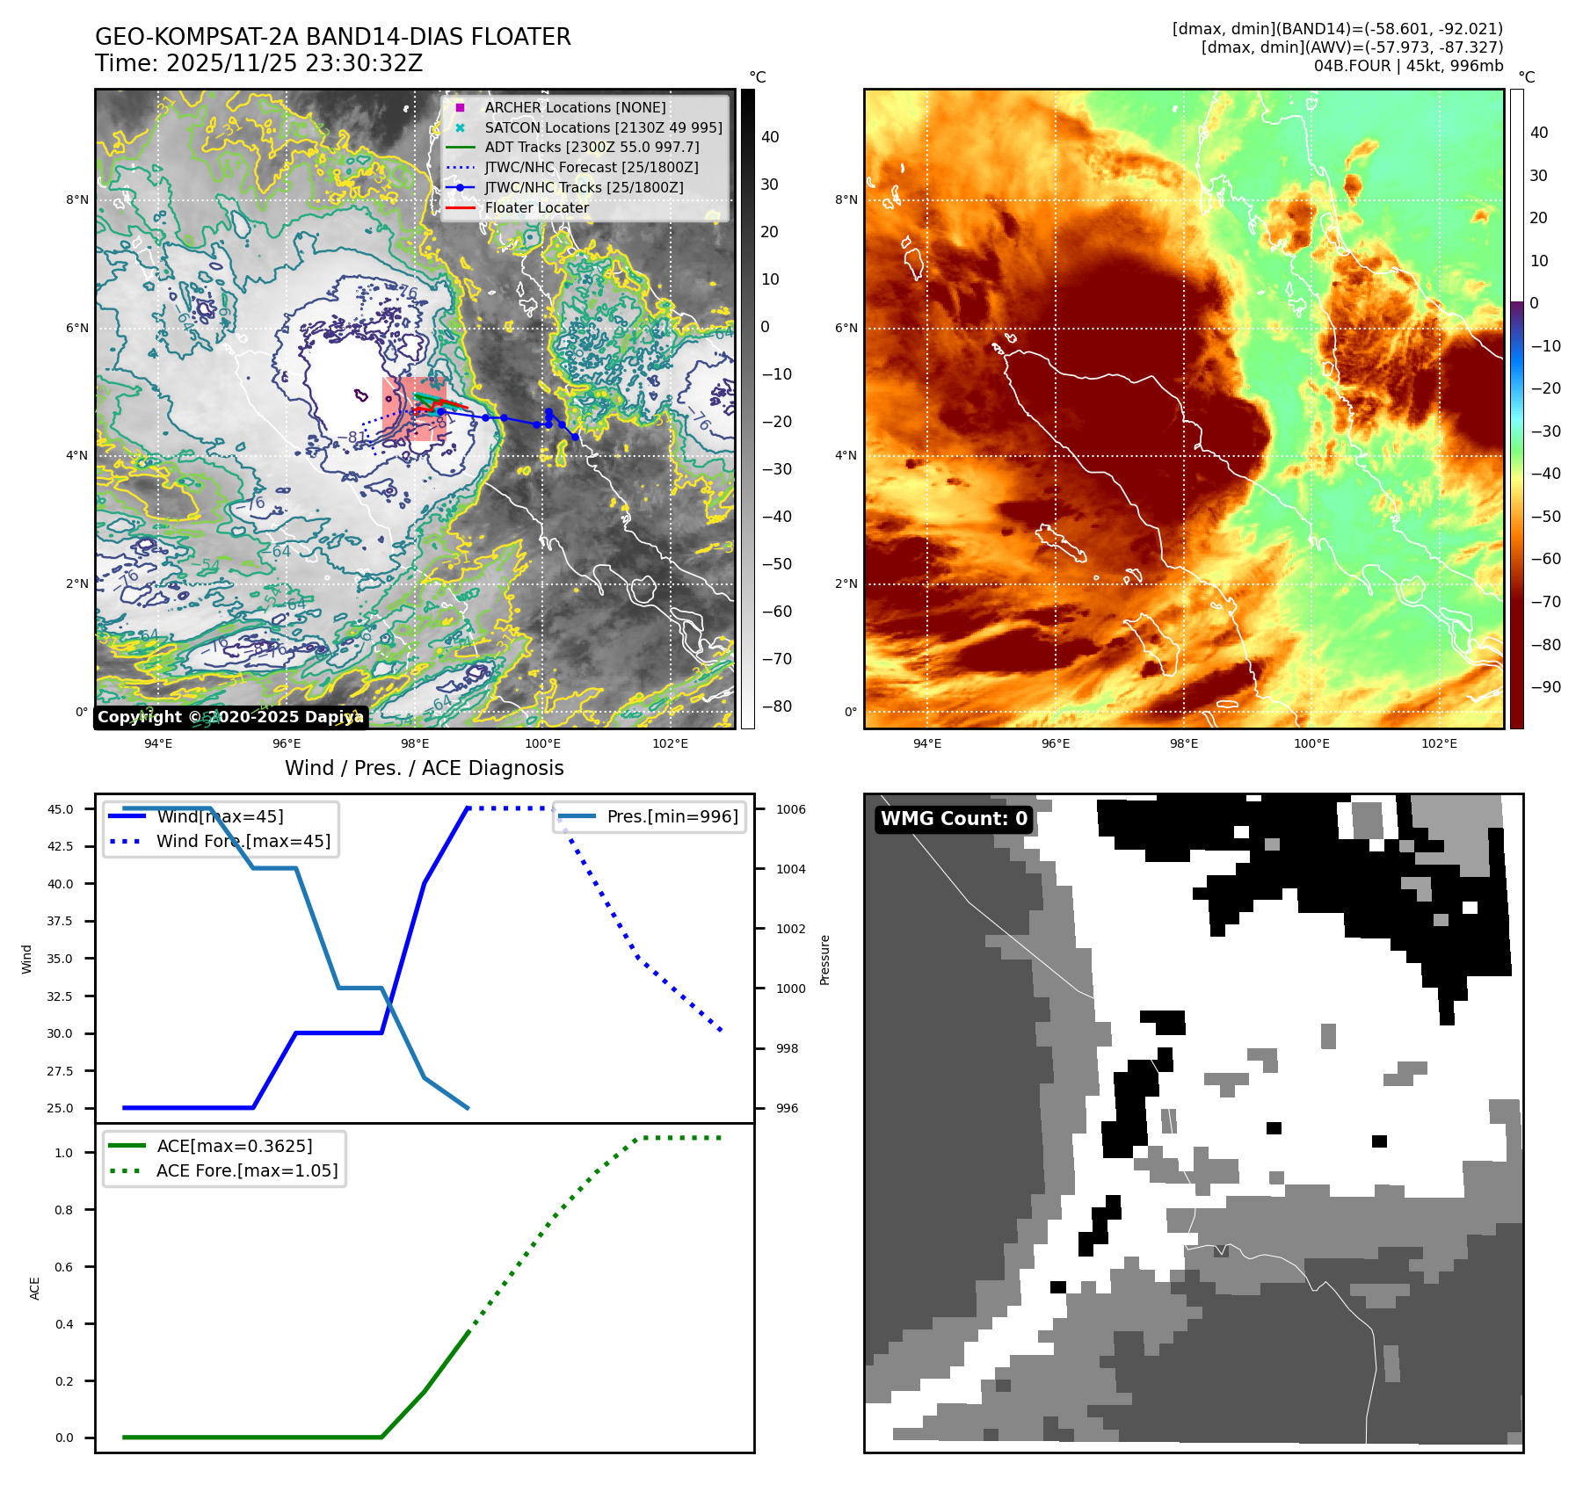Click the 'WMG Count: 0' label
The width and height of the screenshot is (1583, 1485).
point(954,819)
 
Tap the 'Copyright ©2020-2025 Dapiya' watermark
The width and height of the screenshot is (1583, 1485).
point(229,717)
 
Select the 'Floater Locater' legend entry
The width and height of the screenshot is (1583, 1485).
point(536,208)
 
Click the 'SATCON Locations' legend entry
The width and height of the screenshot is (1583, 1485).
point(603,127)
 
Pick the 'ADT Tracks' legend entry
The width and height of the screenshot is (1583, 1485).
point(592,148)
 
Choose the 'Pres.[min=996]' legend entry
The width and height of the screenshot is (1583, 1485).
point(672,816)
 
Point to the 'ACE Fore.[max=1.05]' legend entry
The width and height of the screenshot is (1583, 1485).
point(247,1170)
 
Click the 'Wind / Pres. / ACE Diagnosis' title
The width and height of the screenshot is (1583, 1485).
point(425,768)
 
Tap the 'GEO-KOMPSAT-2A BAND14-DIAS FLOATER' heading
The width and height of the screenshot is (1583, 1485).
point(333,37)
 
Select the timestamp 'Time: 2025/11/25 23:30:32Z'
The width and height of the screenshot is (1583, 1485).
point(259,63)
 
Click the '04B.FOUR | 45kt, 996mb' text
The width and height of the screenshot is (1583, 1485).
point(1408,66)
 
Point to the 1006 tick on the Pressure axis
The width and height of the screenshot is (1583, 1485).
point(790,809)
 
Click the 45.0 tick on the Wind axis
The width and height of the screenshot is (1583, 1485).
point(61,809)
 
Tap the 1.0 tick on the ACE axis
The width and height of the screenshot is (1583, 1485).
point(64,1153)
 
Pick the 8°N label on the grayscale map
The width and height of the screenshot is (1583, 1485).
point(77,200)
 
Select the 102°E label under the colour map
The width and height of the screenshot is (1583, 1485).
point(1439,743)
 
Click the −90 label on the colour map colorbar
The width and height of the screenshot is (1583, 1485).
point(1545,687)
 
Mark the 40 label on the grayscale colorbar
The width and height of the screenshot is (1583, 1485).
point(770,137)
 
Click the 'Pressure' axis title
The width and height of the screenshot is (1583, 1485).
point(824,960)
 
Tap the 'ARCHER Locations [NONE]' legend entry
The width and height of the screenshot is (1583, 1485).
point(575,107)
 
